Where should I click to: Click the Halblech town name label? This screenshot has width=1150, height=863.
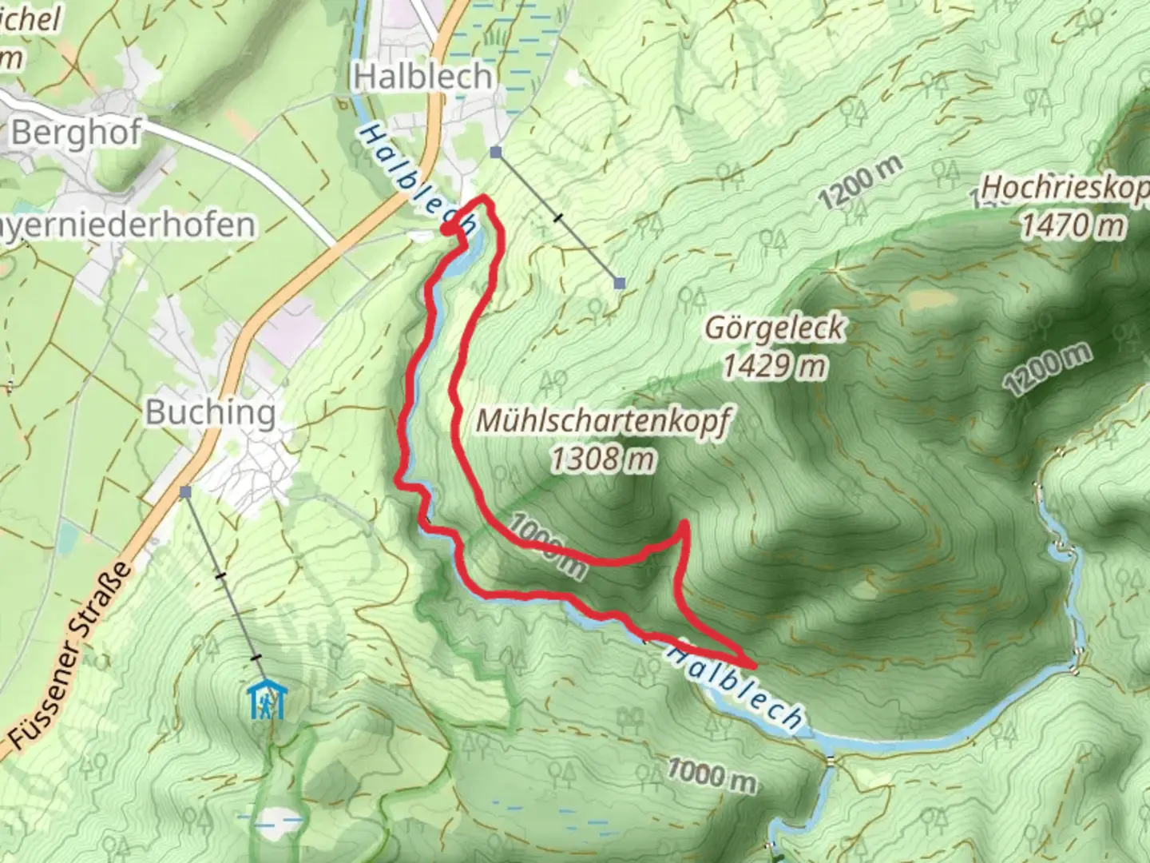423,77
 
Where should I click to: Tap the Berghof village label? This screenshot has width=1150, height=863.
77,133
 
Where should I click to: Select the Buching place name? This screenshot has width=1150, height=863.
211,412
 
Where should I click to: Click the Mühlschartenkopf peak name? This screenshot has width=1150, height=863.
603,421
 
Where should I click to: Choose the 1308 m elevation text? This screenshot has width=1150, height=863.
603,459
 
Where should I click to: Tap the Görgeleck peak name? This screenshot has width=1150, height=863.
774,328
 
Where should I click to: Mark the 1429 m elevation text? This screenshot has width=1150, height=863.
774,366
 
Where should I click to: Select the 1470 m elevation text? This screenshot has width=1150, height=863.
1073,225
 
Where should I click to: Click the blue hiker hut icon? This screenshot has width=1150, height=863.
268,699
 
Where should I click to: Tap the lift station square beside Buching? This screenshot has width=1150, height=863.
185,492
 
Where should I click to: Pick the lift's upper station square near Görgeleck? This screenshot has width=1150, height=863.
620,282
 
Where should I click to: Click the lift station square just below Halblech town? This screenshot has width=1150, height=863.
496,152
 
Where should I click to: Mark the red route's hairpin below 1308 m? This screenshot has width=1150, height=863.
684,524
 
